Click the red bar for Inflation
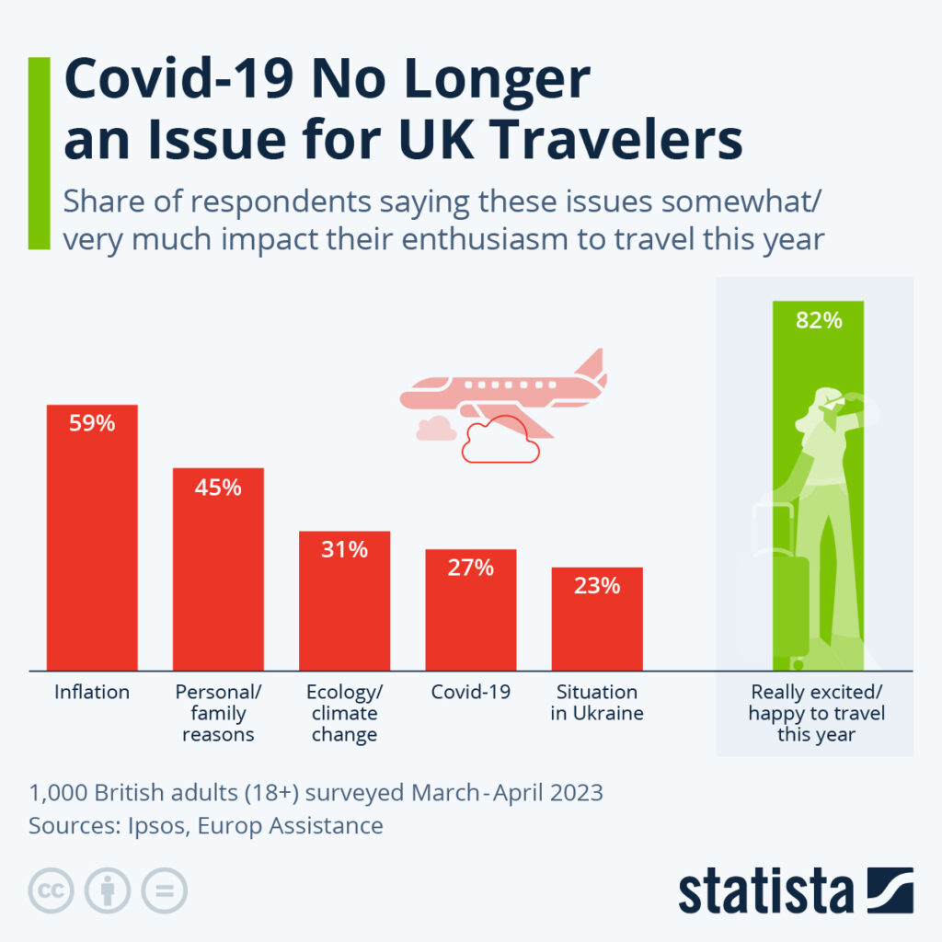(92, 552)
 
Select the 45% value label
(218, 488)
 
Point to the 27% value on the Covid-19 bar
(471, 568)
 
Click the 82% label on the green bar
(819, 320)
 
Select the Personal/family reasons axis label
(218, 713)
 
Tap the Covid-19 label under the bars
(470, 692)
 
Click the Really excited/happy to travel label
(817, 713)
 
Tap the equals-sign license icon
(164, 890)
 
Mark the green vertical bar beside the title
(39, 153)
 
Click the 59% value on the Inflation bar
(92, 424)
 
